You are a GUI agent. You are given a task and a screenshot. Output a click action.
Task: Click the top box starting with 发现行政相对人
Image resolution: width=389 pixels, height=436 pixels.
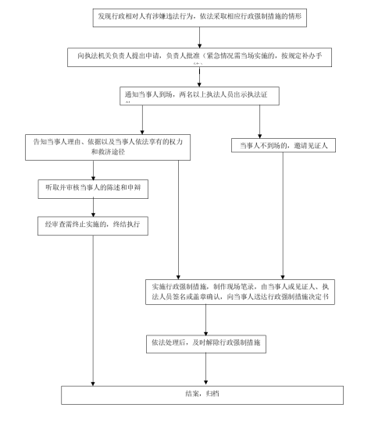(200, 15)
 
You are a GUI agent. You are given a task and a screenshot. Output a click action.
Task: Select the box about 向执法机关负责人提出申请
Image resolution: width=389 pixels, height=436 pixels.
(200, 59)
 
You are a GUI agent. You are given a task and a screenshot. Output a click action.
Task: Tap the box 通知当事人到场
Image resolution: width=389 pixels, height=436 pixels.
(200, 97)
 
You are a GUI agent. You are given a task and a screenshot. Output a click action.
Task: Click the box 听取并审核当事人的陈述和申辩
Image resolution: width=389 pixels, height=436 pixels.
(93, 188)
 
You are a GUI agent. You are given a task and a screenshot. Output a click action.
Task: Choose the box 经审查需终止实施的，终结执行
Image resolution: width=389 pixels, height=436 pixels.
(93, 225)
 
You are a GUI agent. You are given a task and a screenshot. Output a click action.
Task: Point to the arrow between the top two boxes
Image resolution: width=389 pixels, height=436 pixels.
(200, 34)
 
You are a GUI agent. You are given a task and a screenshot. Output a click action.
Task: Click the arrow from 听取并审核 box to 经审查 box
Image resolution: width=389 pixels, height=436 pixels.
(93, 206)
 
